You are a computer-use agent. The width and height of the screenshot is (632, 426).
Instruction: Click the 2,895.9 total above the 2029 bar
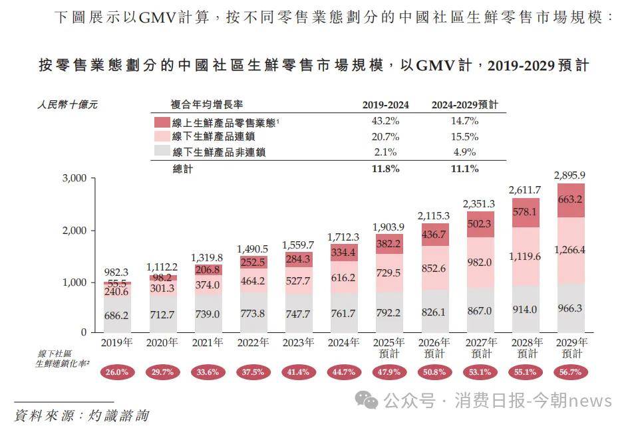point(571,175)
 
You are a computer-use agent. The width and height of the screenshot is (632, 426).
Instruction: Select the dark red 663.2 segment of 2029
point(571,199)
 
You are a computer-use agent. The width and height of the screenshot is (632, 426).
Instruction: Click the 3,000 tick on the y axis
point(75,178)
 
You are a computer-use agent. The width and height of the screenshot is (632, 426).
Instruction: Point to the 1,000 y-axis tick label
point(75,282)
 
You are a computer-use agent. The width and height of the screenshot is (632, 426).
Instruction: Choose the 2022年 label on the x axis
point(253,342)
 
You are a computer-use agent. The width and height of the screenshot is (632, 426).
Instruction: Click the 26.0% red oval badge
point(116,372)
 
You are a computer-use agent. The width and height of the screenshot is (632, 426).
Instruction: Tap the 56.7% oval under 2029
point(571,372)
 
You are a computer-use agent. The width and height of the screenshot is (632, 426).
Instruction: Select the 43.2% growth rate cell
point(386,121)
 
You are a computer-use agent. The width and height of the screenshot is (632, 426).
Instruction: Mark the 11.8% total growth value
point(386,169)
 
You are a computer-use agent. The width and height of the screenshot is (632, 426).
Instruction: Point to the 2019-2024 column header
point(386,105)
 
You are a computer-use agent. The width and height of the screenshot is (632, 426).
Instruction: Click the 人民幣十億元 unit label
point(68,105)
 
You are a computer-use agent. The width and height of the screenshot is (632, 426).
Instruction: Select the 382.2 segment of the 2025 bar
point(389,244)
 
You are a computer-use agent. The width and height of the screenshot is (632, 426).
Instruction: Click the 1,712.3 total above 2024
point(344,237)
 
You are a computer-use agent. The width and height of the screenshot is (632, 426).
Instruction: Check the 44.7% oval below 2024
point(344,372)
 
